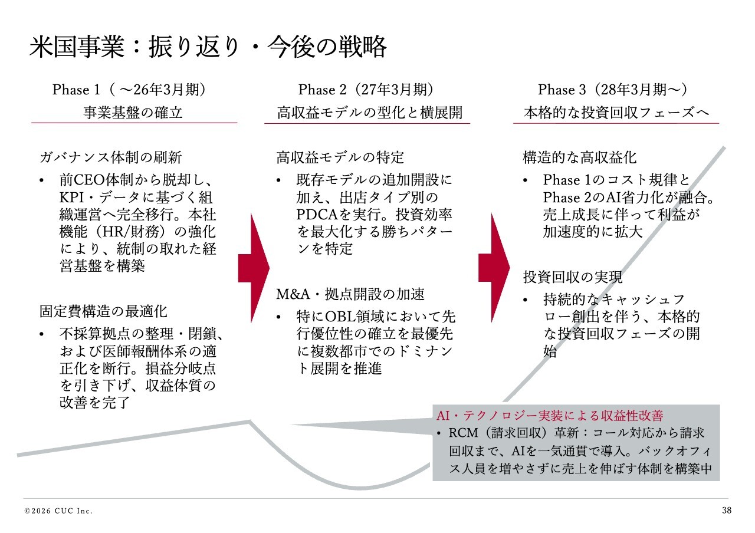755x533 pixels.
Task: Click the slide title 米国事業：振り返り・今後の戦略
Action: (x=208, y=47)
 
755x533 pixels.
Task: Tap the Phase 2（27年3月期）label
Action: (x=366, y=90)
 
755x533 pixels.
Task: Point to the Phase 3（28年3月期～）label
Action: (x=613, y=90)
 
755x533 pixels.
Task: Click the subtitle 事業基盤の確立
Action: (x=133, y=112)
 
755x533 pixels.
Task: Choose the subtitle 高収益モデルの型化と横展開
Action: (x=370, y=112)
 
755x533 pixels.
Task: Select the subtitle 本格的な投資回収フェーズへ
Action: (x=616, y=112)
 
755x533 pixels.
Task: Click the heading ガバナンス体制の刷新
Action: (x=111, y=157)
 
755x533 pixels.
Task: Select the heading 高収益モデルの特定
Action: (x=340, y=157)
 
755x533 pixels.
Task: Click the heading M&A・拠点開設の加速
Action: (x=350, y=294)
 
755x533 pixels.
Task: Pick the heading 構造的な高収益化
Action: (x=580, y=157)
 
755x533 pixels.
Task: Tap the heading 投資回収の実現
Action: (x=573, y=277)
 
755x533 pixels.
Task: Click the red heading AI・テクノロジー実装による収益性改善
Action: (x=554, y=415)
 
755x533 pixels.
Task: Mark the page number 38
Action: (x=726, y=510)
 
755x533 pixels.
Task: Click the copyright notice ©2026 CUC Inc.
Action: (x=58, y=511)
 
